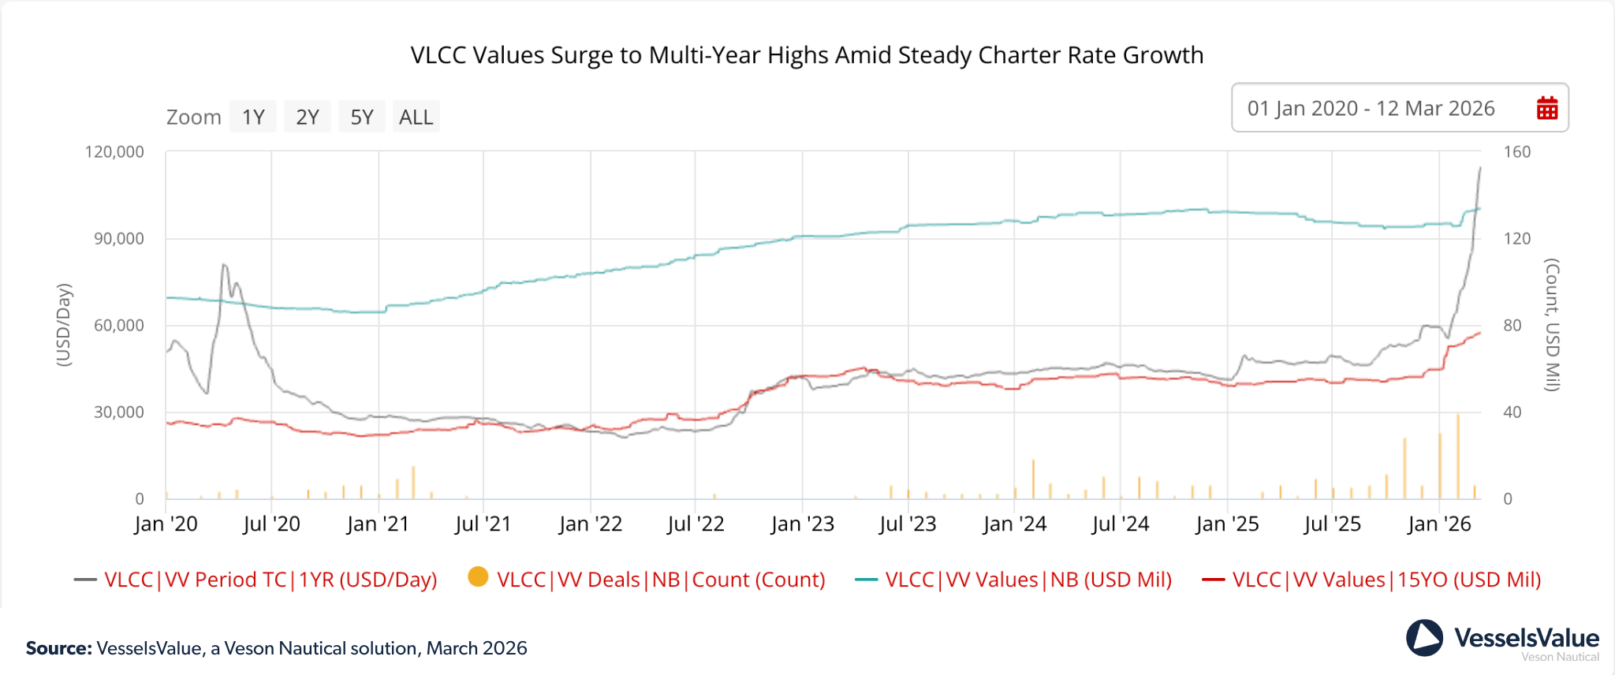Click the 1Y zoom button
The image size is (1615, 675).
click(x=253, y=117)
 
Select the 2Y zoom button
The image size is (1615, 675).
click(x=308, y=117)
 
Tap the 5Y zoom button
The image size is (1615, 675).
click(x=362, y=117)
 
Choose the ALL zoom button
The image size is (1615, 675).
click(x=416, y=117)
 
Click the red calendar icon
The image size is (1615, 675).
click(x=1547, y=108)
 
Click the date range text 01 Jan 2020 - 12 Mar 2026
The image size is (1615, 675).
click(x=1371, y=108)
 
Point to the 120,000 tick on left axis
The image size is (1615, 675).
click(x=114, y=151)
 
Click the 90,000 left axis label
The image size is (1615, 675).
click(x=118, y=238)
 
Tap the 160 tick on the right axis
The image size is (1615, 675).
click(x=1516, y=151)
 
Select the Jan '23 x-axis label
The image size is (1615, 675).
click(x=802, y=524)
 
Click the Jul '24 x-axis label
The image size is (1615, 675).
click(x=1120, y=524)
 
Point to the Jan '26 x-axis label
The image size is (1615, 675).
click(x=1439, y=524)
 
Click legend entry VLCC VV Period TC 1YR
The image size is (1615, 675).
click(x=270, y=580)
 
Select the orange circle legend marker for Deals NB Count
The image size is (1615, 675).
click(x=478, y=577)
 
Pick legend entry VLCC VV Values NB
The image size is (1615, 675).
click(x=1028, y=580)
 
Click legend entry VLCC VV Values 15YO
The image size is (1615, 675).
click(x=1386, y=580)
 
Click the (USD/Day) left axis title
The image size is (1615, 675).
click(x=64, y=324)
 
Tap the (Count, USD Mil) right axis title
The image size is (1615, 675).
click(x=1552, y=324)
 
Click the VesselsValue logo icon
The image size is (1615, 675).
click(x=1424, y=638)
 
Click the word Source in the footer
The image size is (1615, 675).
click(x=59, y=648)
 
